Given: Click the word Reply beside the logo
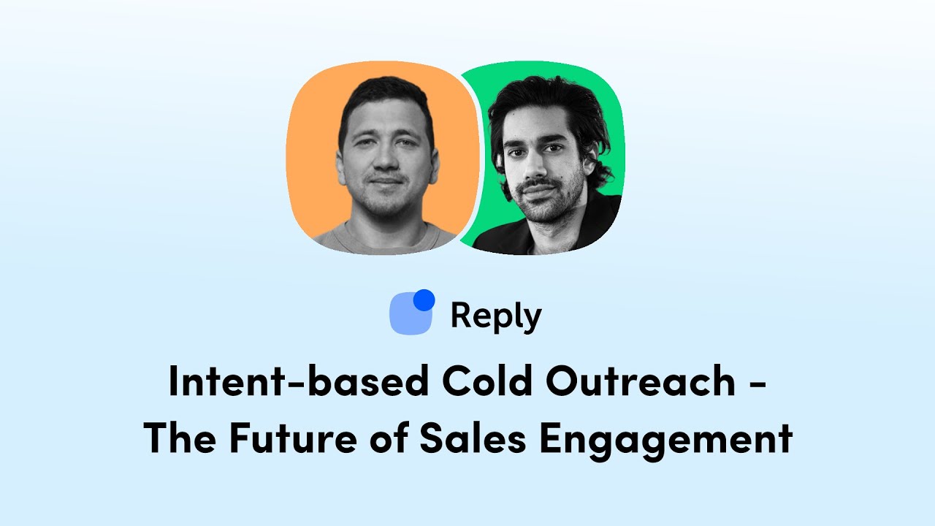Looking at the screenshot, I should click(x=495, y=316).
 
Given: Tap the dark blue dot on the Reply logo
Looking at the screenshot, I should click(x=424, y=300).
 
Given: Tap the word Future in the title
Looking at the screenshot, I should click(x=286, y=439).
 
